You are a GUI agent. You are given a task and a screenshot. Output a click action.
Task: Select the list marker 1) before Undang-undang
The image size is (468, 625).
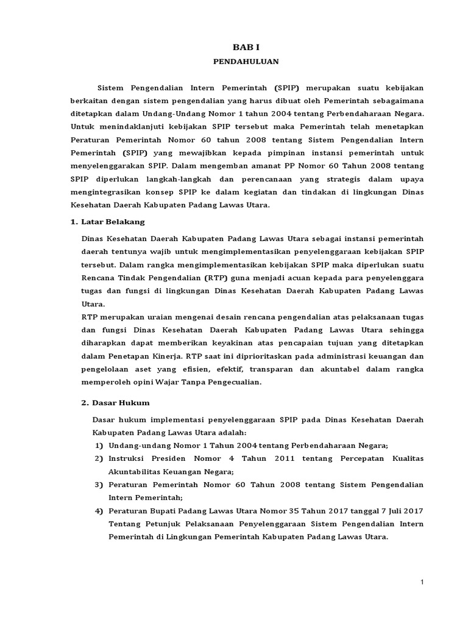(99, 445)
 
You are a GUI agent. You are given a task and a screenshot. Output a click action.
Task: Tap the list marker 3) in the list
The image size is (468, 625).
(99, 485)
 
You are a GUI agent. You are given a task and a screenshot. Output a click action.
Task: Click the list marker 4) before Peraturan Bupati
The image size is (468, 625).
(99, 511)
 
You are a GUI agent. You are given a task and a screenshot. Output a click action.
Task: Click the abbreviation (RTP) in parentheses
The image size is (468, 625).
(216, 277)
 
